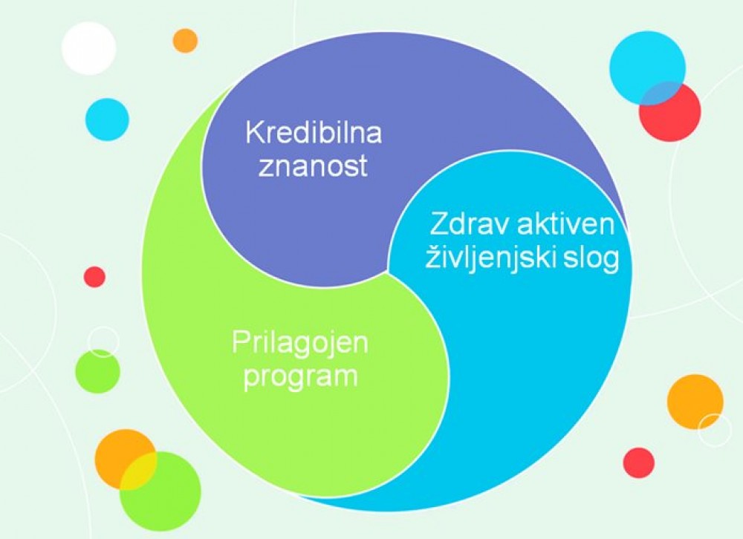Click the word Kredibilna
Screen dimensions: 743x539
click(x=314, y=133)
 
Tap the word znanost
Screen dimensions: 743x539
click(x=313, y=166)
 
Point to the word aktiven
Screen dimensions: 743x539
click(x=565, y=224)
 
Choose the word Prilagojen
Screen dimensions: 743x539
click(x=300, y=343)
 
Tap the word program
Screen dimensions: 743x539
click(x=300, y=377)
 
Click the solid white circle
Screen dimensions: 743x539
click(x=89, y=48)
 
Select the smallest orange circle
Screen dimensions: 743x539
click(x=185, y=41)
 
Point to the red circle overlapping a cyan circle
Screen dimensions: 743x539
click(x=670, y=112)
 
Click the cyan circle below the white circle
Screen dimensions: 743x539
click(x=107, y=120)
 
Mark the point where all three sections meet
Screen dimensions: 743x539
click(x=388, y=272)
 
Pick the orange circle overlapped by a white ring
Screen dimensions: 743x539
click(x=695, y=402)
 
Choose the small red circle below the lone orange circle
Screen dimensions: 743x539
click(x=639, y=463)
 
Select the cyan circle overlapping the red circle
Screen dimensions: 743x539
click(x=647, y=68)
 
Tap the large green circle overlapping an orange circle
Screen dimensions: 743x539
click(x=160, y=491)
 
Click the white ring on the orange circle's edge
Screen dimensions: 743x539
click(x=715, y=430)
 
